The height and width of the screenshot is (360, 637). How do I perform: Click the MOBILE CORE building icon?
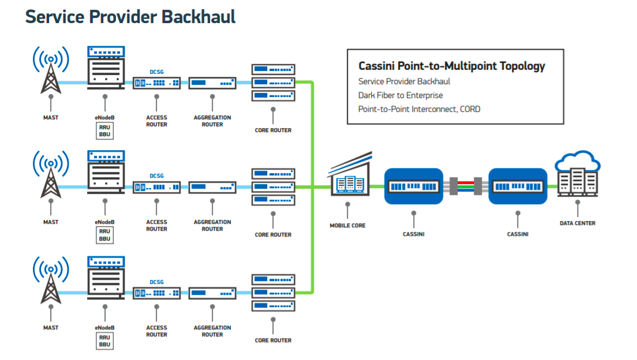pos(350,175)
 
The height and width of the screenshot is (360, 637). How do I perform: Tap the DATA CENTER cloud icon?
pos(578,174)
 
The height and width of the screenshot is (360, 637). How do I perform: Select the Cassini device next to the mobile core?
pos(414,186)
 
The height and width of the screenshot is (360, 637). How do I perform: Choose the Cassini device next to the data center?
pos(518,186)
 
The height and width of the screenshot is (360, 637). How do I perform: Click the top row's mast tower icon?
pos(51,70)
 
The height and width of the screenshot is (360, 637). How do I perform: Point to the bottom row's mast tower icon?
pos(51,280)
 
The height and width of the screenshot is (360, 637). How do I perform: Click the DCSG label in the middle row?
pos(156,176)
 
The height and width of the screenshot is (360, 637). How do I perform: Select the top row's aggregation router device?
pos(212,83)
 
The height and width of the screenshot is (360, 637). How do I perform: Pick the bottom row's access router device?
pos(156,293)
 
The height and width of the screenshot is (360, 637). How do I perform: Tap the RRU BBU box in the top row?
pos(105,131)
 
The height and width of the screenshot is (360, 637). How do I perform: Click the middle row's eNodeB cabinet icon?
pos(106,172)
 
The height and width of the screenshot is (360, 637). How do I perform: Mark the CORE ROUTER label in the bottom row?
pos(273,340)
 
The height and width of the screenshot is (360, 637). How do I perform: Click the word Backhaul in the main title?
pos(198,17)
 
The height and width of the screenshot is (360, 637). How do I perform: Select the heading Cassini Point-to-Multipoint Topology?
pos(452,66)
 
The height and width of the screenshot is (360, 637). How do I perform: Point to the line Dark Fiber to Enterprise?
pos(400,95)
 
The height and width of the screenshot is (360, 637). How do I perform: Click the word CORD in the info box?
pos(470,109)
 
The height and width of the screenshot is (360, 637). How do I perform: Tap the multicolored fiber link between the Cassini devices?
pos(466,186)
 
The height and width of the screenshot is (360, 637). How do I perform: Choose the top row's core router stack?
pos(273,82)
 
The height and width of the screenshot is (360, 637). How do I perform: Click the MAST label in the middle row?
pos(51,222)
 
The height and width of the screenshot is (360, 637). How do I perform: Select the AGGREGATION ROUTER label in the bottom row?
pos(212,331)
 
